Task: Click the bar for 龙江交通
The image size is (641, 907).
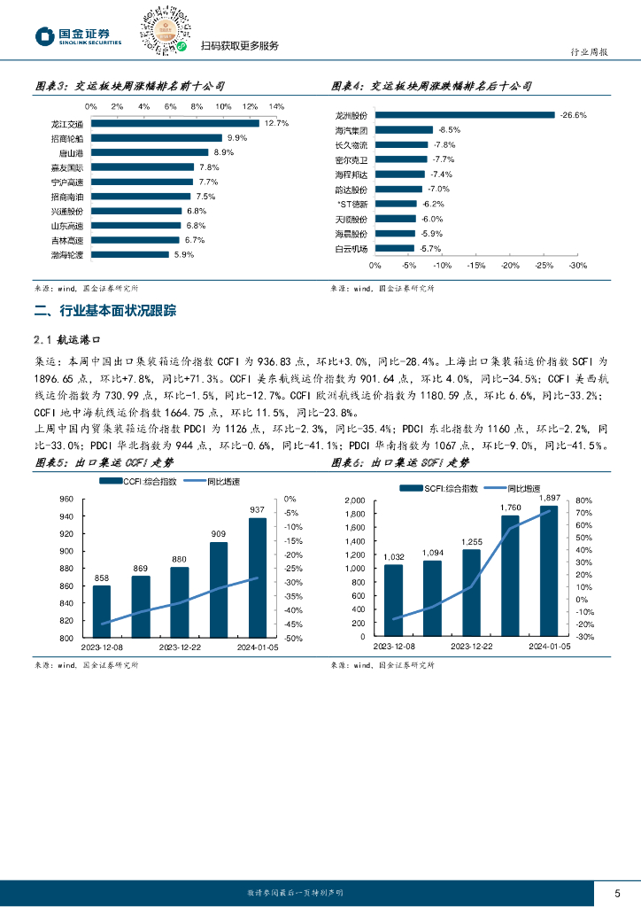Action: pyautogui.click(x=174, y=124)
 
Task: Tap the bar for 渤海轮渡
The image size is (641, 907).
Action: pyautogui.click(x=129, y=254)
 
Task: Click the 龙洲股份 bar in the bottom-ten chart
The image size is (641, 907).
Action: pyautogui.click(x=467, y=115)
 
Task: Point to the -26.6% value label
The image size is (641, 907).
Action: pyautogui.click(x=574, y=115)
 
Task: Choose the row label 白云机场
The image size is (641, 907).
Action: pyautogui.click(x=351, y=249)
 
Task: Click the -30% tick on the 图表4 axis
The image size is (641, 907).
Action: pyautogui.click(x=577, y=266)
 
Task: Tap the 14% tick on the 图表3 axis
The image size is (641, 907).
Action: pyautogui.click(x=276, y=106)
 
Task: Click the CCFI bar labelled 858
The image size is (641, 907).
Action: pyautogui.click(x=102, y=611)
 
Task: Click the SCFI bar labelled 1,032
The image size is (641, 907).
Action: pyautogui.click(x=394, y=601)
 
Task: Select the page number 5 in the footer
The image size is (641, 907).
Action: pyautogui.click(x=617, y=893)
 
